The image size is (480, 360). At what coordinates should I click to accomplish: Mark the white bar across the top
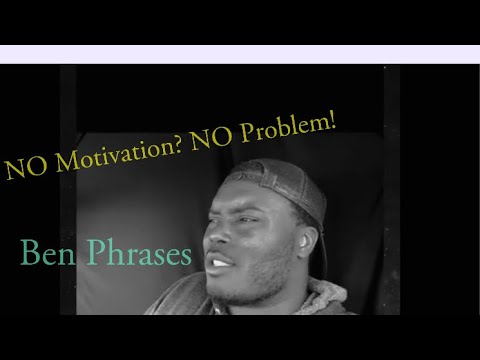tap(240, 54)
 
